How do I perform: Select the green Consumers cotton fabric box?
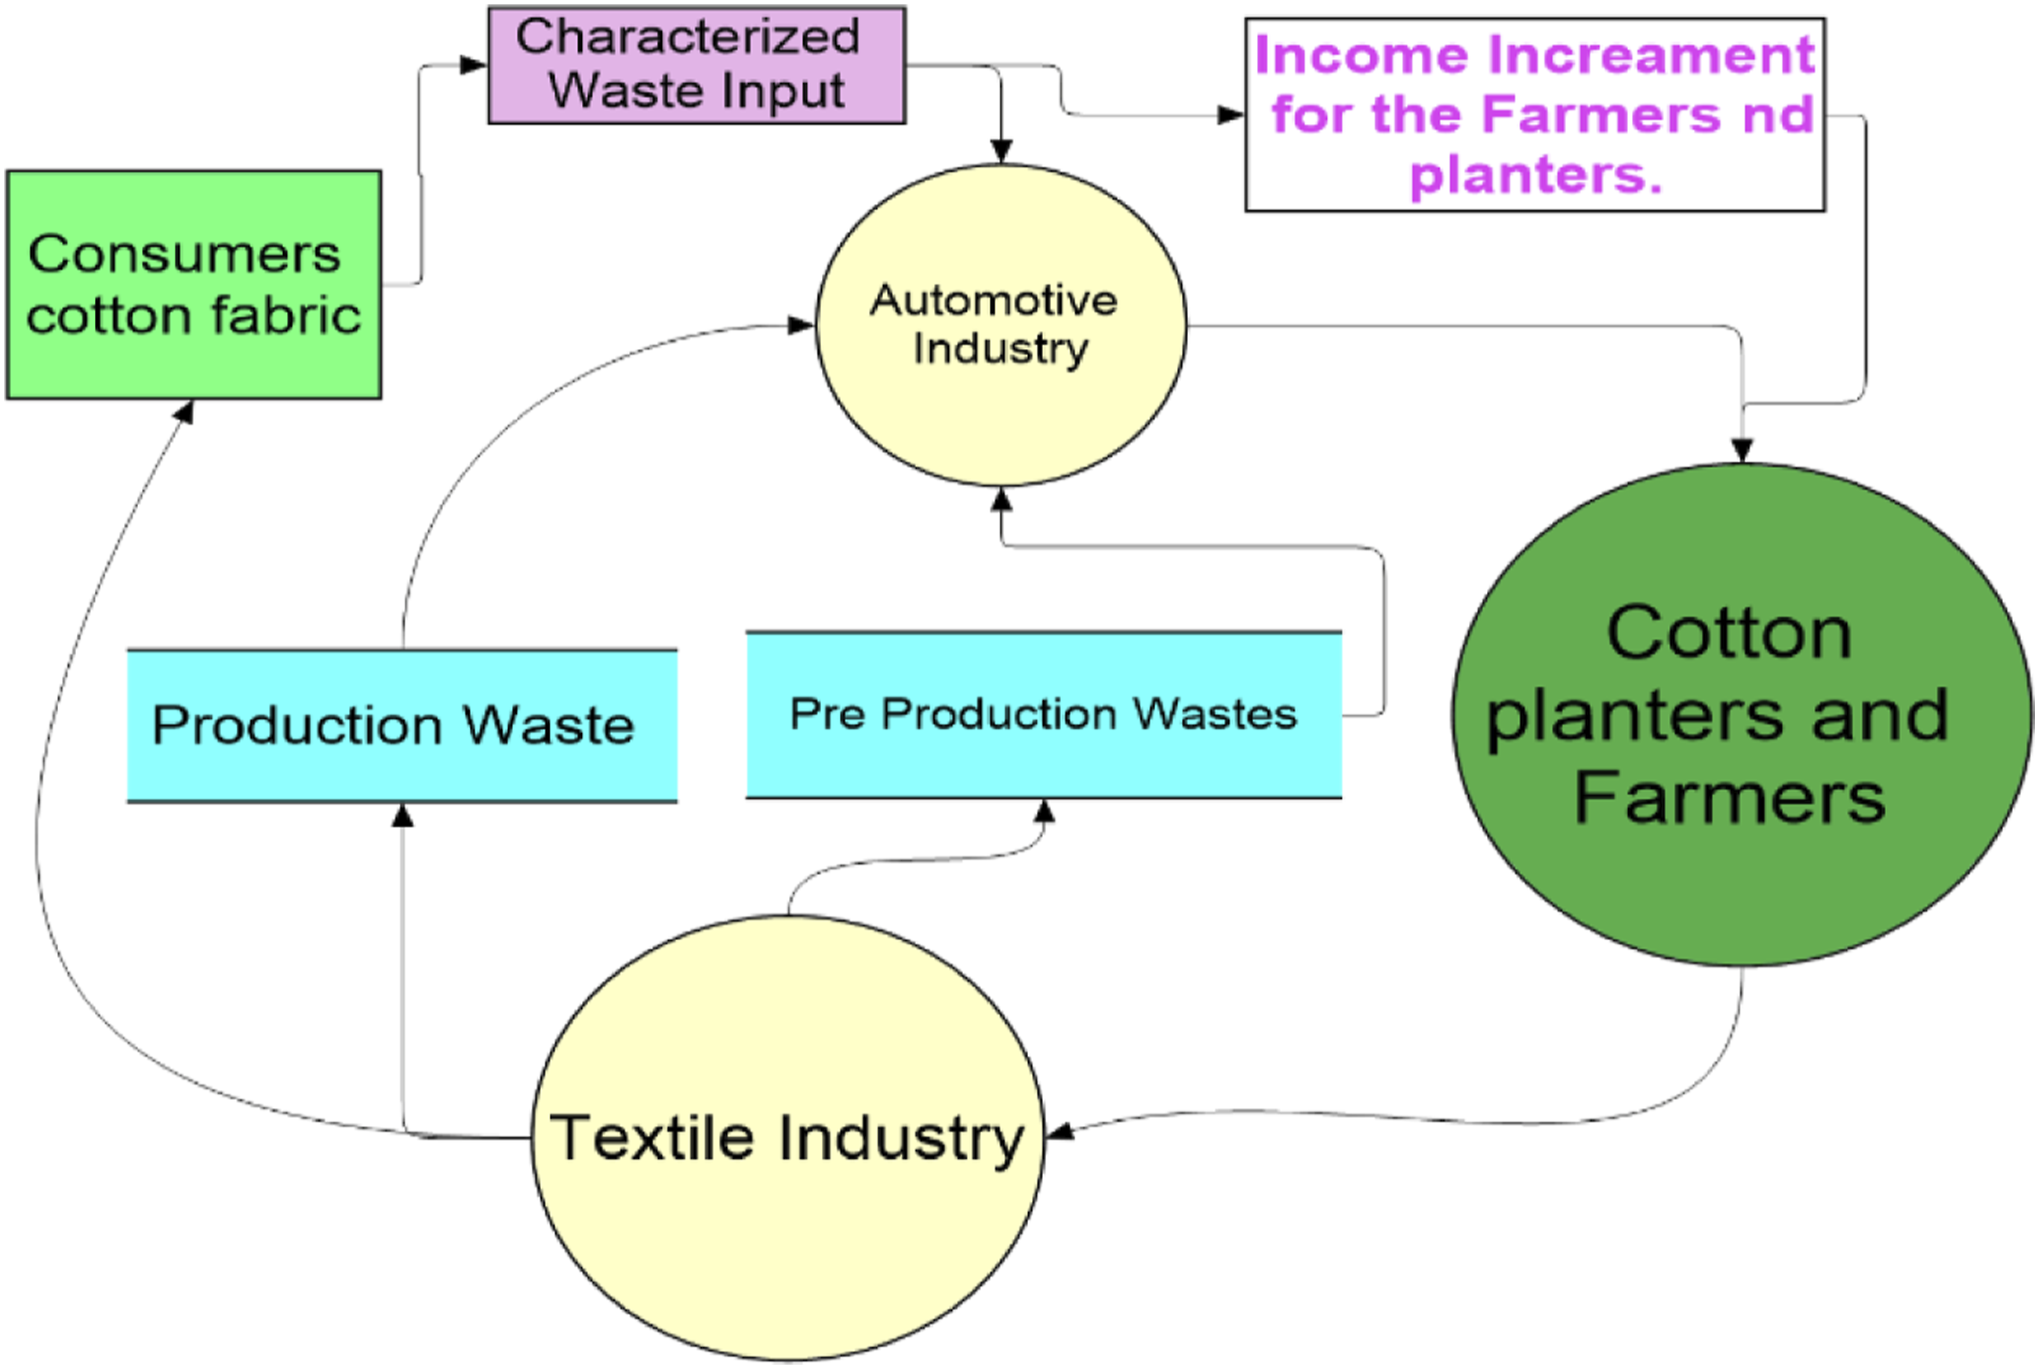tap(193, 285)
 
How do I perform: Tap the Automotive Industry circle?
tap(1001, 324)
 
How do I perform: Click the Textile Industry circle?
tap(787, 1137)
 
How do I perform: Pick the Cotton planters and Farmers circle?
tap(1741, 714)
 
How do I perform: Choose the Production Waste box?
tap(402, 725)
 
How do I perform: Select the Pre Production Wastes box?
tap(1044, 714)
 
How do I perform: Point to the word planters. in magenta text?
tap(1536, 176)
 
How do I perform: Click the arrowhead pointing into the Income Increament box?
tap(1230, 114)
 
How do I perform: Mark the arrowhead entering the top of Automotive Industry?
tap(1001, 151)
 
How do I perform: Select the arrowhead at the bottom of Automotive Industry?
tap(1001, 499)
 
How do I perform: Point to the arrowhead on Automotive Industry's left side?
tap(801, 325)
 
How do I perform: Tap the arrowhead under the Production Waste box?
tap(402, 815)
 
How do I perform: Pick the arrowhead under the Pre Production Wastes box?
tap(1045, 811)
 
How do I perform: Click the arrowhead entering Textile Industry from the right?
tap(1059, 1132)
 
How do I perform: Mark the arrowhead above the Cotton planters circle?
tap(1742, 449)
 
